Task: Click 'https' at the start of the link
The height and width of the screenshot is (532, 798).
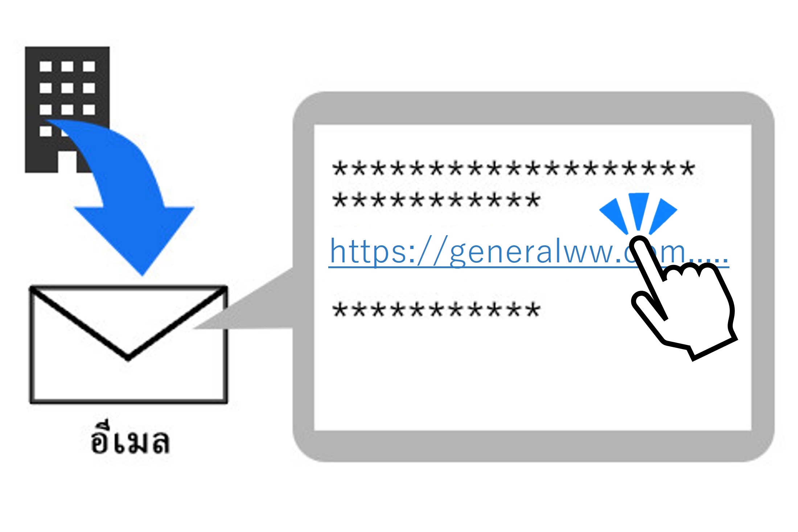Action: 368,251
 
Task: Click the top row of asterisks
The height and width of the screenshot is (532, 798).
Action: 513,169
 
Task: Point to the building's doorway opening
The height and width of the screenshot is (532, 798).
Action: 67,161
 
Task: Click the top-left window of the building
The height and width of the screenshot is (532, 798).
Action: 46,66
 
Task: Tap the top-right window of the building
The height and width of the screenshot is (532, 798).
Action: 89,66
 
